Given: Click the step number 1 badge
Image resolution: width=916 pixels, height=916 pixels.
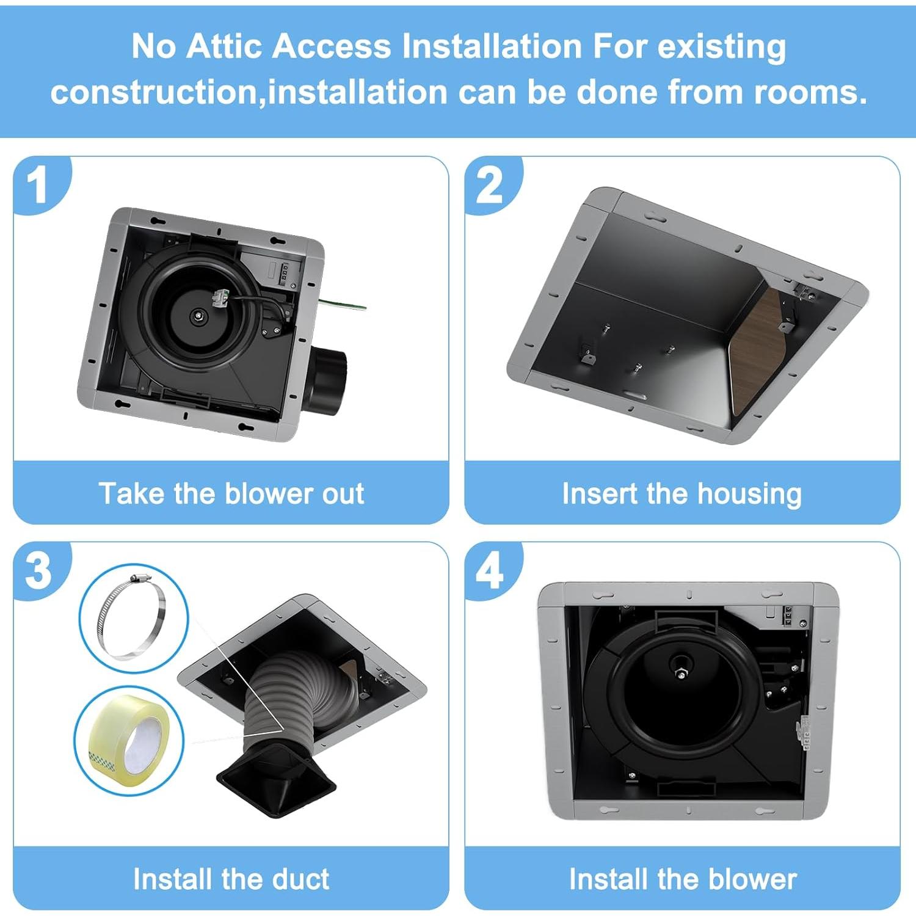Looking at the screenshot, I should (38, 184).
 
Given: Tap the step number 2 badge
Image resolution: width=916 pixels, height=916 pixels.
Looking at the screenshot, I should (489, 184).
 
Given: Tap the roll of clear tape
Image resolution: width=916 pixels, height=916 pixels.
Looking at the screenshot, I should (129, 740).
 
